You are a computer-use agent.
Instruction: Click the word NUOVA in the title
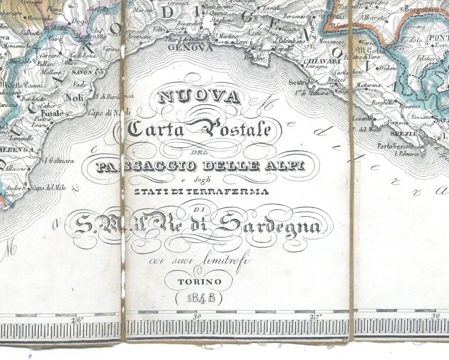199,95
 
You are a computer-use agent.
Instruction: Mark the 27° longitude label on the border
316,317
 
